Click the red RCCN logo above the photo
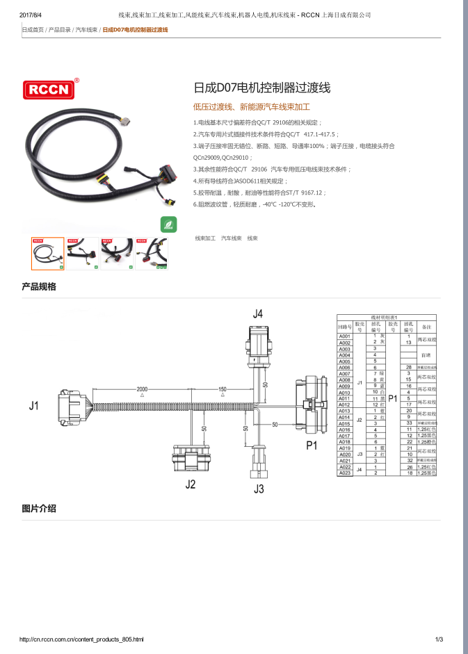coord(49,90)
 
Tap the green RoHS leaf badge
coord(168,223)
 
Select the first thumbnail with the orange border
coord(48,254)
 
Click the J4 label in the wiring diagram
coord(258,314)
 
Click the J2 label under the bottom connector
coord(191,484)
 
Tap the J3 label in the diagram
coord(259,489)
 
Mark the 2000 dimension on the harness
coord(142,389)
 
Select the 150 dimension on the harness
coord(223,389)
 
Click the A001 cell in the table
coord(344,337)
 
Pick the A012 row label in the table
coord(344,405)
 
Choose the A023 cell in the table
coord(344,473)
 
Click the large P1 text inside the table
coord(392,399)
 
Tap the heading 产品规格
coord(39,286)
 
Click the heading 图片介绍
coord(39,509)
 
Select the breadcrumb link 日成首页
coord(33,30)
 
